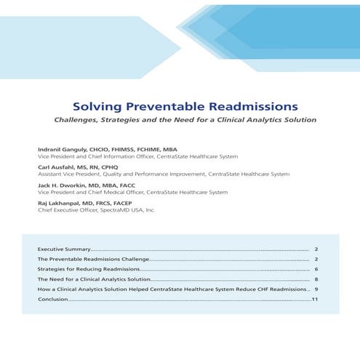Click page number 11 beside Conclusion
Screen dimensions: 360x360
coord(316,300)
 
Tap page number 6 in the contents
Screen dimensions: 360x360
coord(317,269)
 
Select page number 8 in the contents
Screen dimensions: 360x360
coord(317,279)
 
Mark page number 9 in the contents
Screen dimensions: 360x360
coord(317,289)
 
